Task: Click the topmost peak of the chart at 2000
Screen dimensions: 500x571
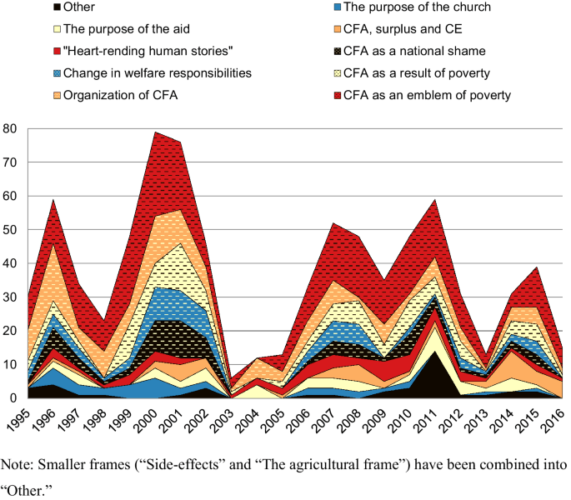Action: pos(155,132)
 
